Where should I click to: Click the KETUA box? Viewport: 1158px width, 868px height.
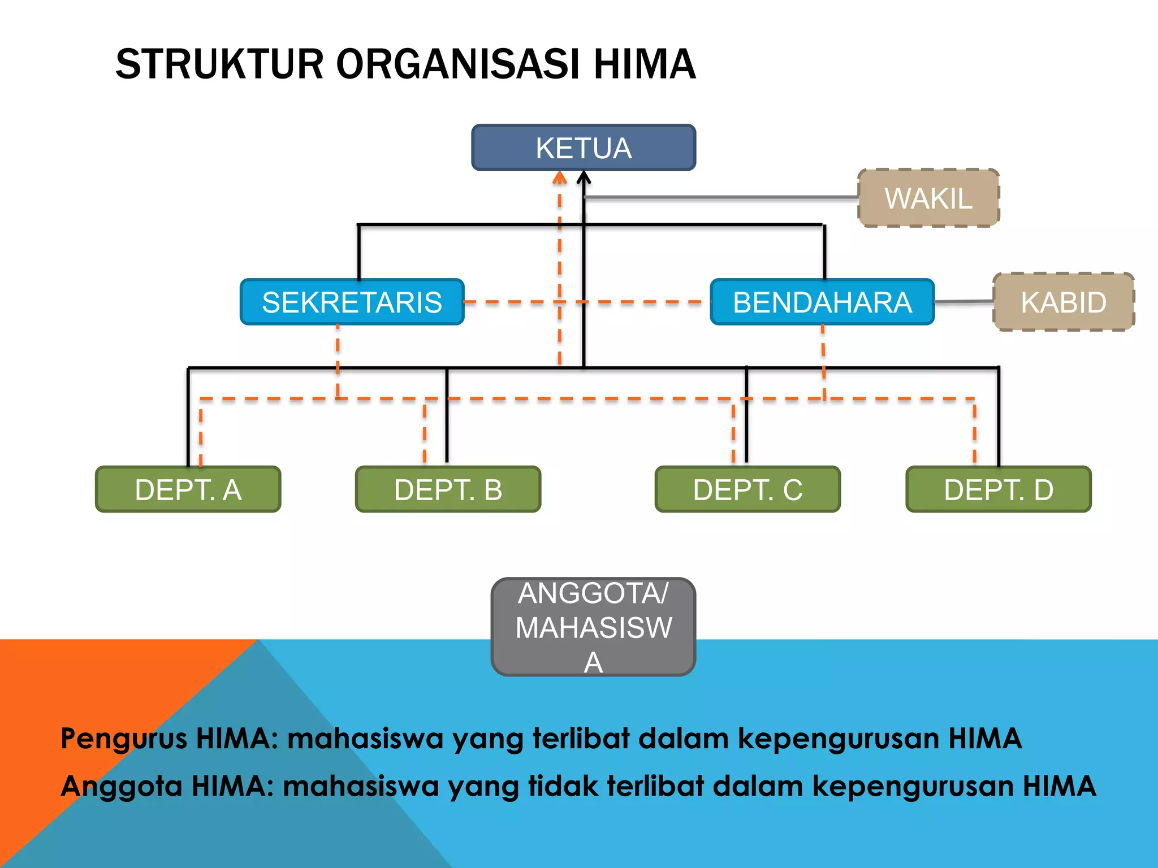tap(584, 147)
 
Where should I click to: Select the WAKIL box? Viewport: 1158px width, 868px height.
tap(928, 198)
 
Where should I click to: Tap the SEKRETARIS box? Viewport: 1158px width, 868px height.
tap(352, 302)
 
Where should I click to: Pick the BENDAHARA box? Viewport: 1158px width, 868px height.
tap(822, 302)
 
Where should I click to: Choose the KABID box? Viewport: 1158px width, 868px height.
tap(1064, 302)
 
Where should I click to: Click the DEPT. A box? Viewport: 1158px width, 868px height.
tap(188, 489)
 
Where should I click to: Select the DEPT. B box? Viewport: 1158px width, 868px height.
tap(448, 489)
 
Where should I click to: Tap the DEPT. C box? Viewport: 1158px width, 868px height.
tap(748, 489)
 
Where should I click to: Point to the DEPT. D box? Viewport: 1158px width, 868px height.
tap(999, 489)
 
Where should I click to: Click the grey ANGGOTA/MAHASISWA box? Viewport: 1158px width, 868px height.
tap(594, 627)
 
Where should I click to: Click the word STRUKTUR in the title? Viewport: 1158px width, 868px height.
tap(219, 64)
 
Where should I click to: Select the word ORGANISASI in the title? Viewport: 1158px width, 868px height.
tap(459, 64)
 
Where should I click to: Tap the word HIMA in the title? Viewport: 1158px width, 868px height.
tap(645, 64)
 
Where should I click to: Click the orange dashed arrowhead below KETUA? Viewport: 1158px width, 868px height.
tap(560, 178)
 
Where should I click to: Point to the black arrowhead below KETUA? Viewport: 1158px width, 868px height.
tap(584, 178)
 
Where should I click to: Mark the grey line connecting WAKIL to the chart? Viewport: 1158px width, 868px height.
tap(721, 197)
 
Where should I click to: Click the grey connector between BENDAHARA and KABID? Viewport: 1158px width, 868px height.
tap(964, 302)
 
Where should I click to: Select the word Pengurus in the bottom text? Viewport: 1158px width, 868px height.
tap(124, 739)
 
